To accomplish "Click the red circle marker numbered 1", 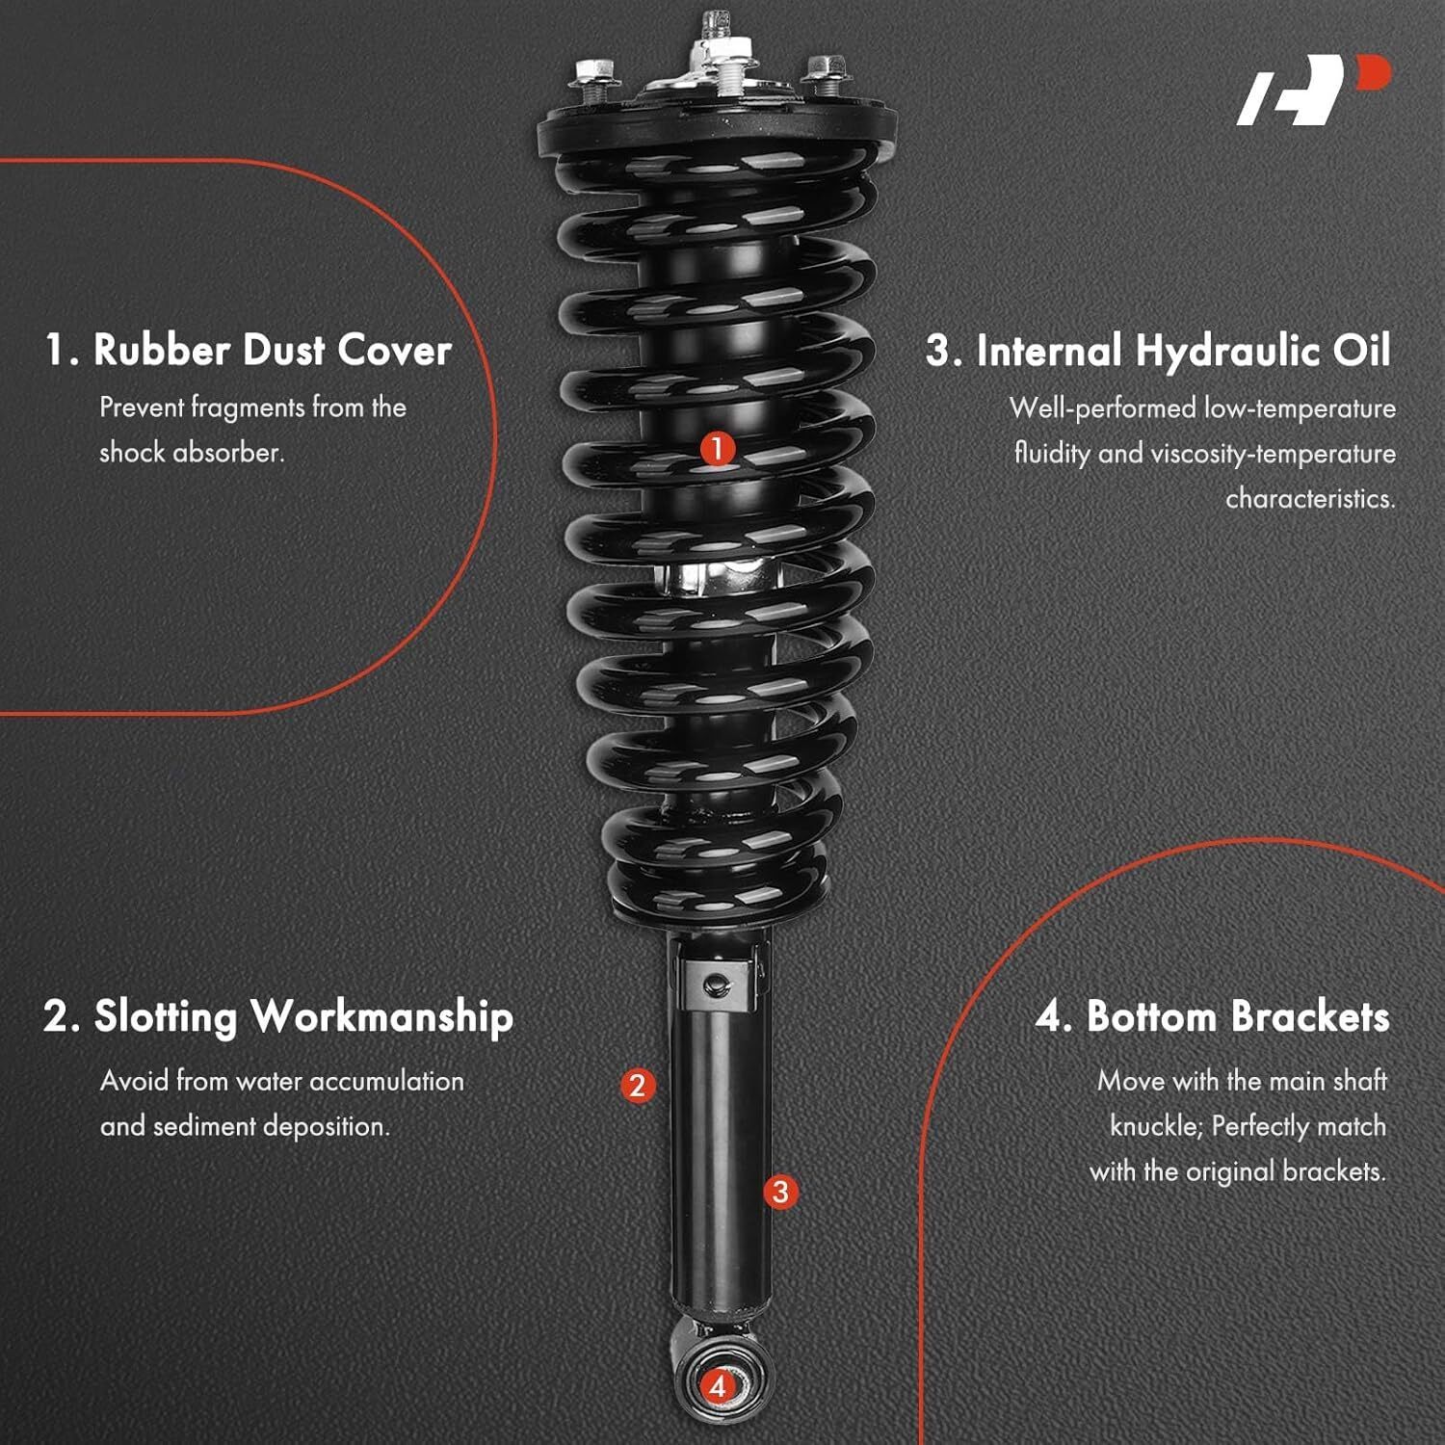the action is click(717, 449).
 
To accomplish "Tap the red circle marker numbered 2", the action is click(637, 1086).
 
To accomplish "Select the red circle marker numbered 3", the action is click(780, 1192).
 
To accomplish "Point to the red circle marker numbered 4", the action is click(717, 1387).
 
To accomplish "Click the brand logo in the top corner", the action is click(1314, 91).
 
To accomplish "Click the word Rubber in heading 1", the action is click(162, 350).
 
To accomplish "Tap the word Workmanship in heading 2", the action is click(381, 1018).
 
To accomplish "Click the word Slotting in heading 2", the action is click(165, 1018).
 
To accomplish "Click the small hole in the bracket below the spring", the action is click(713, 983).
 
